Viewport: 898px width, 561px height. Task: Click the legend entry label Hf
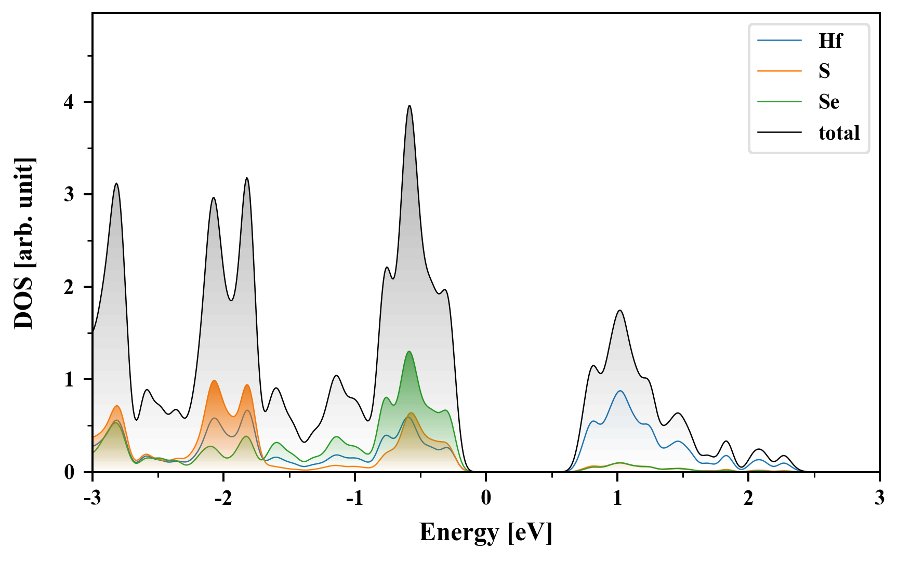click(x=830, y=41)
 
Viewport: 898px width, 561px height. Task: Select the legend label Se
click(x=829, y=102)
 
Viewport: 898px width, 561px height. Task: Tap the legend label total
click(x=839, y=133)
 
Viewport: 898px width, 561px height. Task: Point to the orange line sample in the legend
click(x=779, y=71)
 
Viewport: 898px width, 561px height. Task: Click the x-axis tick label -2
click(x=223, y=498)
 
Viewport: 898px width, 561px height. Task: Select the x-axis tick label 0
click(x=486, y=498)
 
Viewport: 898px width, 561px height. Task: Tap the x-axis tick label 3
click(x=879, y=498)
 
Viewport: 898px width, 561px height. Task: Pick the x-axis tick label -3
click(x=93, y=498)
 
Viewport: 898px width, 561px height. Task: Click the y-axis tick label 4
click(x=69, y=102)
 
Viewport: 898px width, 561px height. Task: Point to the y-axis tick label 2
click(x=69, y=287)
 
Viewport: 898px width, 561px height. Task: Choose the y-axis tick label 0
click(x=69, y=472)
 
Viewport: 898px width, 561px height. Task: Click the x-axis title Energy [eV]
click(x=486, y=532)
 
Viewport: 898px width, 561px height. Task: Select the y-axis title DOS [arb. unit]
click(x=23, y=243)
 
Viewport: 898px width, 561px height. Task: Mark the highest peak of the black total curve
click(x=410, y=106)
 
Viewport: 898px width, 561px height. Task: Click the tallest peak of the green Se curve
click(x=410, y=352)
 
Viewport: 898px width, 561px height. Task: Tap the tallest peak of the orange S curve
click(x=214, y=381)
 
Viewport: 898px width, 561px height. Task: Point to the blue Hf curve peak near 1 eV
click(x=620, y=391)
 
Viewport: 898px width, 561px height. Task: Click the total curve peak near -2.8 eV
click(x=116, y=183)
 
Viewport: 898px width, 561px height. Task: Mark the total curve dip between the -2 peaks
click(x=231, y=300)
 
